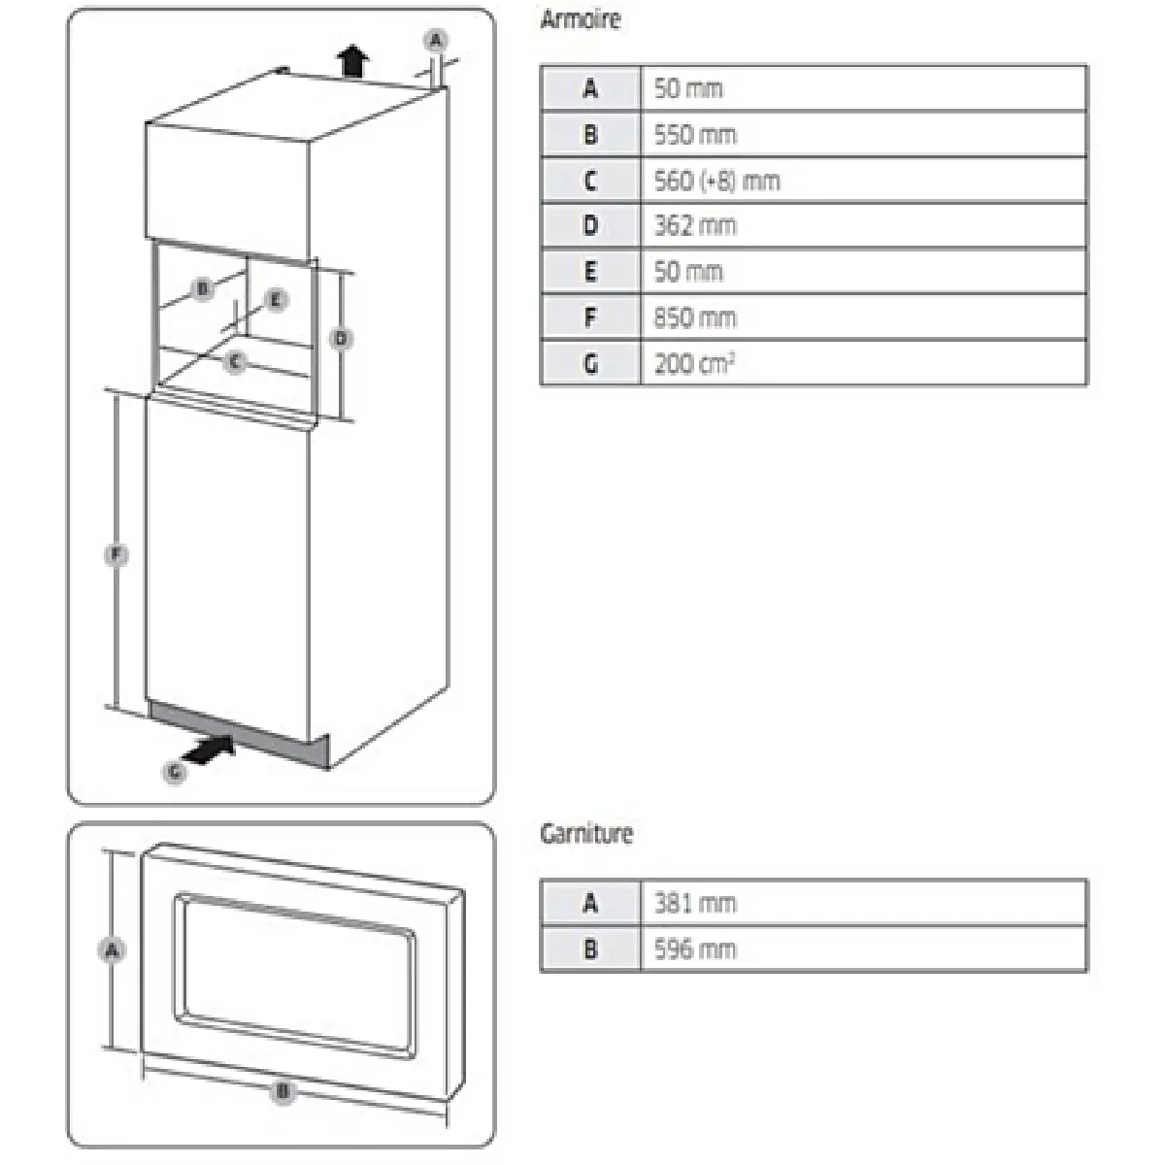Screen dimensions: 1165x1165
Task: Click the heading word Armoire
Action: (580, 19)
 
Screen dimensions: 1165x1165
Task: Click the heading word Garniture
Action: (586, 834)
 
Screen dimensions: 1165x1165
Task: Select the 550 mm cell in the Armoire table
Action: (695, 134)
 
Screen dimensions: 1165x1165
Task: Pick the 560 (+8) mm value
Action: (716, 181)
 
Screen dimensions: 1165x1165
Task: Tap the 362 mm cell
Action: (695, 226)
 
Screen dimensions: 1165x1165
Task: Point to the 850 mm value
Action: (695, 317)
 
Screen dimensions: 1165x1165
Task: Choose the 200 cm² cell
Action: (693, 364)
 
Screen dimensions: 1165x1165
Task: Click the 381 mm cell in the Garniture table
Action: (695, 903)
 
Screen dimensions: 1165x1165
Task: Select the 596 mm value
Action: (695, 949)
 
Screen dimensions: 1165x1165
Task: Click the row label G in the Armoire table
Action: (590, 364)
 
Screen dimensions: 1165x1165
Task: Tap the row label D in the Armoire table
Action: (590, 226)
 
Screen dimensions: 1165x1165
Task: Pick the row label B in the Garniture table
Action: (590, 949)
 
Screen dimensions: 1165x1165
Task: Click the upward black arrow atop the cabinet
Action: (353, 62)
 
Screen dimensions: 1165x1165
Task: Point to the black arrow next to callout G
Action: (210, 749)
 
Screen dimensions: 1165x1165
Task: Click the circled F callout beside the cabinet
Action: (116, 555)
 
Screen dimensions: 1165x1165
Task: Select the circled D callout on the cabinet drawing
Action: (341, 339)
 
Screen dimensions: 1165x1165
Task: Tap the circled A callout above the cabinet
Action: (436, 41)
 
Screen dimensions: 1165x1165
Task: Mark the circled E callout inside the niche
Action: (276, 300)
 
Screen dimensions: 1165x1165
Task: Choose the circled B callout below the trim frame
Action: (283, 1092)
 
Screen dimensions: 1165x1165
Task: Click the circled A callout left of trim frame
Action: (112, 950)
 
